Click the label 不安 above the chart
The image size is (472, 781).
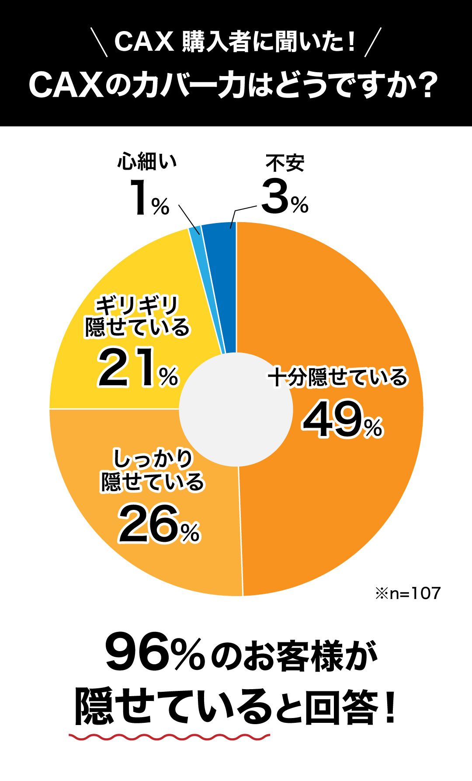pyautogui.click(x=285, y=164)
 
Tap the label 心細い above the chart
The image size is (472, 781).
pyautogui.click(x=147, y=162)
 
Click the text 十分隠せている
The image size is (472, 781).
pyautogui.click(x=338, y=377)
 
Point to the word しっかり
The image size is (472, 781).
pyautogui.click(x=153, y=459)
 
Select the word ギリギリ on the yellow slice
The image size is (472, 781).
pyautogui.click(x=137, y=305)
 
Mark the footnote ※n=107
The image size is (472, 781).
pyautogui.click(x=408, y=593)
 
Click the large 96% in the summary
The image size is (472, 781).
pyautogui.click(x=155, y=654)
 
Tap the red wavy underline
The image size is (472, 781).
pyautogui.click(x=169, y=737)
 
